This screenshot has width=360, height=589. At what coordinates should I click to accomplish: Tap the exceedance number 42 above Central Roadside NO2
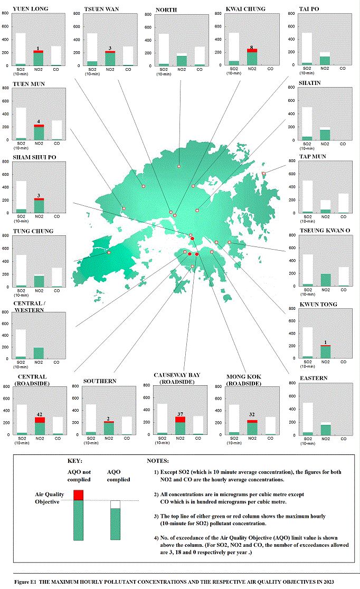tap(40, 414)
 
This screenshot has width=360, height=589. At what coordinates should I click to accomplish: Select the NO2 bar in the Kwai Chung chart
tap(252, 57)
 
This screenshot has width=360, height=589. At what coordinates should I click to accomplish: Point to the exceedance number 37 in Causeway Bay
tap(180, 414)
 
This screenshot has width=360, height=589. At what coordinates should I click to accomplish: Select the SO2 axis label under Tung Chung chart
tap(21, 292)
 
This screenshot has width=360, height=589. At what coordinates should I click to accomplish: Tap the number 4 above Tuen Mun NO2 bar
tap(39, 121)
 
